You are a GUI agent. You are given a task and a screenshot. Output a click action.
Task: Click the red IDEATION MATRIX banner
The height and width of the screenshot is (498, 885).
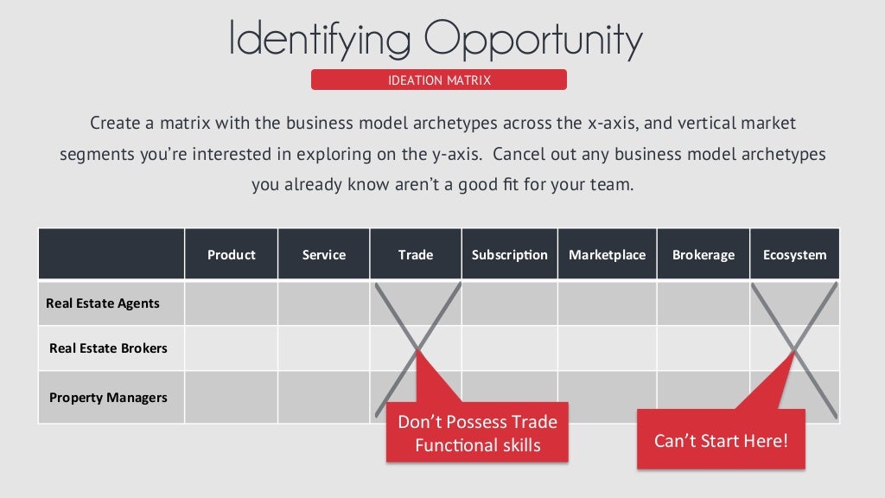439,80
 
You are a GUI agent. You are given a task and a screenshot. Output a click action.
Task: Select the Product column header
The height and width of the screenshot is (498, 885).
232,255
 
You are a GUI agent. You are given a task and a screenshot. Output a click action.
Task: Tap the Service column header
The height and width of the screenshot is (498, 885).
324,255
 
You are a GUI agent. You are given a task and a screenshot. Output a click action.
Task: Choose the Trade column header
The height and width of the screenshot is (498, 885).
416,255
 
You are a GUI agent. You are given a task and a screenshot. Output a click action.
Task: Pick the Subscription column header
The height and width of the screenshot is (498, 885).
510,255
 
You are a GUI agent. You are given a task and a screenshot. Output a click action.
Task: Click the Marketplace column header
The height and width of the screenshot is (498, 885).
607,255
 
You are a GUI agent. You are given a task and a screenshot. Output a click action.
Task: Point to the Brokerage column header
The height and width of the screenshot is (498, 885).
704,255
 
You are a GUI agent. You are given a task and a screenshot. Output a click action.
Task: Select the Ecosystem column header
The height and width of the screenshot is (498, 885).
794,255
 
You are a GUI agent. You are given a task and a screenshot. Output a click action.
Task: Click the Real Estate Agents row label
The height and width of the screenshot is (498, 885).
103,303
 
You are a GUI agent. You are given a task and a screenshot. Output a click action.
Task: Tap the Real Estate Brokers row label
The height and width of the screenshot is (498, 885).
108,348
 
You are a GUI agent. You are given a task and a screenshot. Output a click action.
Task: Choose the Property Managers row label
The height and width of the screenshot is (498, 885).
108,398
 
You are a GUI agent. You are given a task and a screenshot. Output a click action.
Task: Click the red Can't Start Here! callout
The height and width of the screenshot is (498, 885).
721,440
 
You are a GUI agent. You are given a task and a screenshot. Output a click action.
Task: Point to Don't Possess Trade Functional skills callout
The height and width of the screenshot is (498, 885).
477,433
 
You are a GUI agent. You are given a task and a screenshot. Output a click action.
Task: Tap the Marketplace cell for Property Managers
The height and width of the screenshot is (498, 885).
607,397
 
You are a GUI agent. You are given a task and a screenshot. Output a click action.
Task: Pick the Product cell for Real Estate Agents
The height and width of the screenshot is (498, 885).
232,303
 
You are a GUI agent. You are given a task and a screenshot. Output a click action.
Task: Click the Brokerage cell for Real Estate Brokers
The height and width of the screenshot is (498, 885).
704,348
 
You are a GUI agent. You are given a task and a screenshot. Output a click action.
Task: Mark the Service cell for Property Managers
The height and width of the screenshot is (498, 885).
324,397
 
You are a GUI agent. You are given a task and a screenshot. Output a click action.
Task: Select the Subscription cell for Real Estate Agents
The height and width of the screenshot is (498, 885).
510,303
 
